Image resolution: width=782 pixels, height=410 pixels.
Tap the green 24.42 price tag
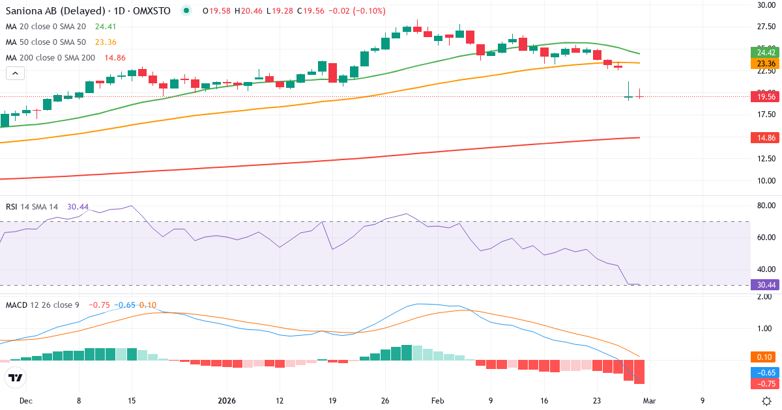pos(766,53)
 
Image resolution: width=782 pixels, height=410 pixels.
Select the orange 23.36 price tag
pos(766,64)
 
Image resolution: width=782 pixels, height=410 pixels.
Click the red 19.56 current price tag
pos(766,96)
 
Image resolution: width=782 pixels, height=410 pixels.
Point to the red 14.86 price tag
pos(766,138)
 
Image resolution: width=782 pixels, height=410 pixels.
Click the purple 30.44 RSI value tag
pos(766,284)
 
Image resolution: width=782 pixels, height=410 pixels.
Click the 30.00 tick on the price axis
pos(766,5)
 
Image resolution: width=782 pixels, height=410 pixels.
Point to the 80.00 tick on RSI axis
pos(766,206)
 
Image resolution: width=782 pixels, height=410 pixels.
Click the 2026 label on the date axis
pos(226,401)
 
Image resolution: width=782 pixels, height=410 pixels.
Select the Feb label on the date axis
pos(438,401)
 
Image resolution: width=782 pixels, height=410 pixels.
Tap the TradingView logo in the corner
pos(15,377)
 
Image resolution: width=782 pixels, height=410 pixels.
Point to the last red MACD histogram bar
pos(639,372)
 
